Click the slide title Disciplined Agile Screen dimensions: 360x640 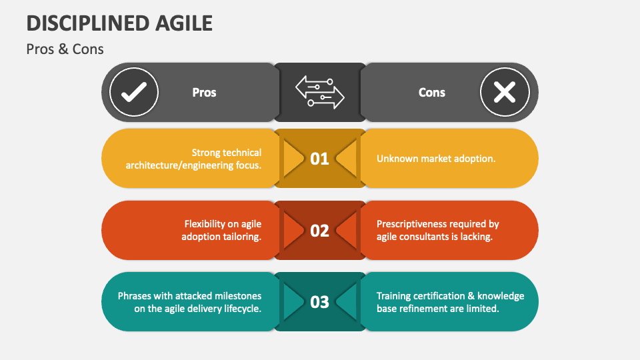119,23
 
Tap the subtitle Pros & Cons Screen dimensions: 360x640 65,49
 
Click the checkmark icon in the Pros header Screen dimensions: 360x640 134,93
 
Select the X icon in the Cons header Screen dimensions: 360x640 505,93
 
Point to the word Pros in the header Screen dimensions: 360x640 204,93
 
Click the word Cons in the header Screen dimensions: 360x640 431,93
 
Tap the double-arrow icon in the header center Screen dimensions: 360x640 320,92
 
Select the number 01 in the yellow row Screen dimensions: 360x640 320,159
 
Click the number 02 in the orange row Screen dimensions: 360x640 320,231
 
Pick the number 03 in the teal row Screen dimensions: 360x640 320,302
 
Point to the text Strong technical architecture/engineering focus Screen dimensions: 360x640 193,159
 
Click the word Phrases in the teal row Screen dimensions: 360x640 136,296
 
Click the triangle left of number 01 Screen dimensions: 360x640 292,159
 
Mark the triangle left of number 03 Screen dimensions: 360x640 292,302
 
